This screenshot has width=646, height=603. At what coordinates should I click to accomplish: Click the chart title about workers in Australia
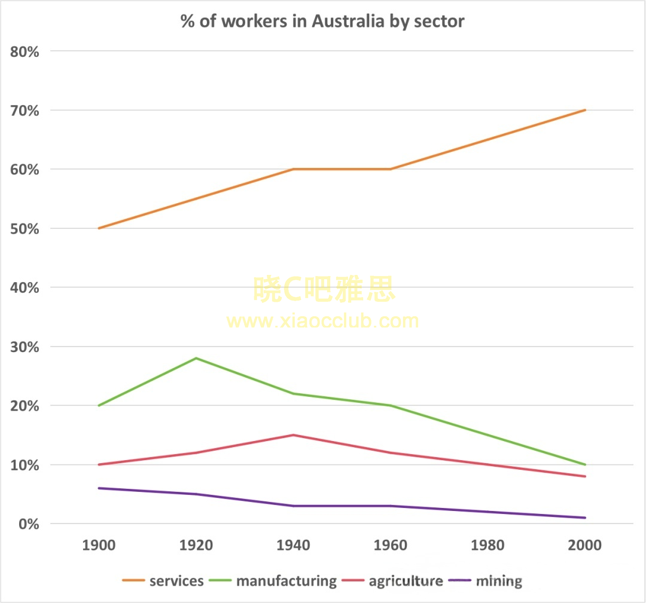pyautogui.click(x=323, y=22)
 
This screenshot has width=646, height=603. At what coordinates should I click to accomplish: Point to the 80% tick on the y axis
pyautogui.click(x=25, y=51)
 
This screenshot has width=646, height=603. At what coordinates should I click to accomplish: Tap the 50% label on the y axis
pyautogui.click(x=25, y=229)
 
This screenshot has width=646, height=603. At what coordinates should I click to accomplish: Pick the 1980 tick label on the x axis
pyautogui.click(x=488, y=546)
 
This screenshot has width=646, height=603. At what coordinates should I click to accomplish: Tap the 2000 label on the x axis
pyautogui.click(x=586, y=546)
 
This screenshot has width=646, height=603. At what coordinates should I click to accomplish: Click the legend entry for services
pyautogui.click(x=176, y=581)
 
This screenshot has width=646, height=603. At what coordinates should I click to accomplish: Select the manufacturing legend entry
pyautogui.click(x=287, y=581)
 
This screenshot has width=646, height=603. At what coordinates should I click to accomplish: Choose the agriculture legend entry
pyautogui.click(x=406, y=581)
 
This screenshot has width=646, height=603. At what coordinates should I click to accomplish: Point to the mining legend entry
pyautogui.click(x=499, y=581)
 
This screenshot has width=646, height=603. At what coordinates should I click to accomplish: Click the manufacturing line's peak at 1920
pyautogui.click(x=196, y=358)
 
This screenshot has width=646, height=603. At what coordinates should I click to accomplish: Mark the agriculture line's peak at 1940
pyautogui.click(x=293, y=435)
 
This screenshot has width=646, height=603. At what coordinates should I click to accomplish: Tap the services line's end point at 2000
pyautogui.click(x=586, y=110)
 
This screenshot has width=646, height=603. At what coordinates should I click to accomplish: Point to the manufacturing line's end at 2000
pyautogui.click(x=586, y=464)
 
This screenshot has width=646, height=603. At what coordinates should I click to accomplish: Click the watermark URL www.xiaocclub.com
pyautogui.click(x=323, y=321)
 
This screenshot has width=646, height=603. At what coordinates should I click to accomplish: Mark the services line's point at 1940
pyautogui.click(x=293, y=169)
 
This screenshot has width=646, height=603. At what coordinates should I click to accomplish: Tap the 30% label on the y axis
pyautogui.click(x=25, y=347)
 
